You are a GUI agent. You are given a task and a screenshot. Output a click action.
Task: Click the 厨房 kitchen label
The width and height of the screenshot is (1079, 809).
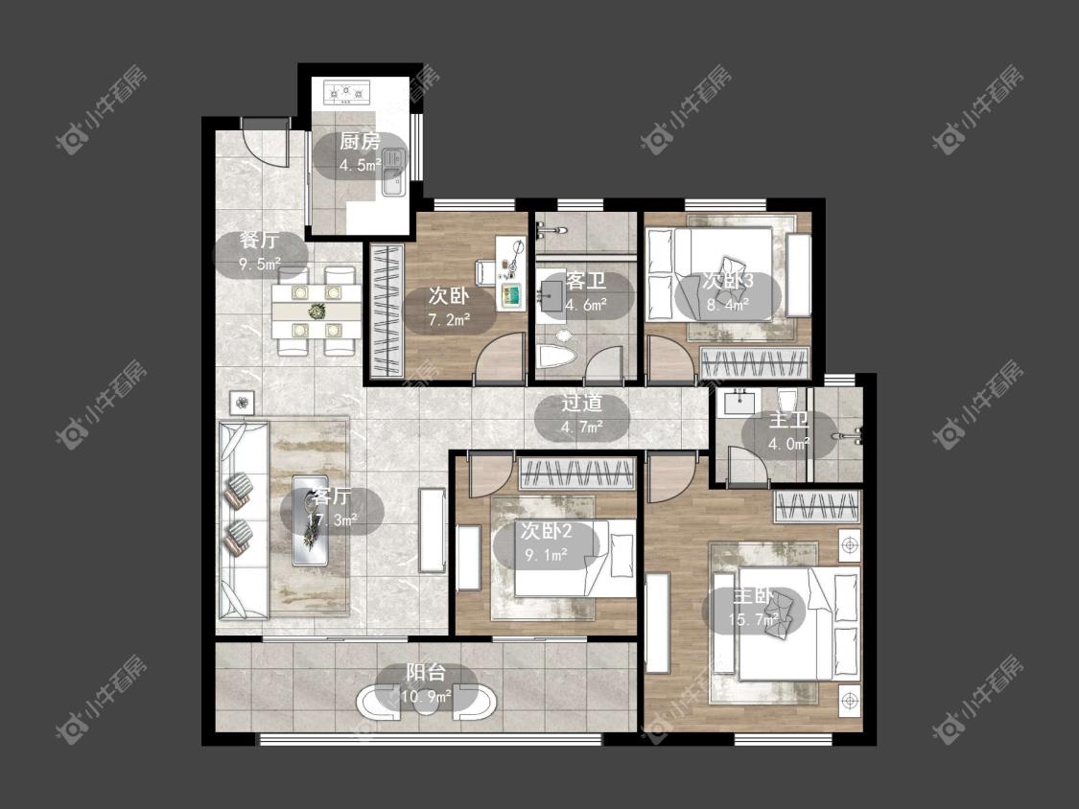[360, 142]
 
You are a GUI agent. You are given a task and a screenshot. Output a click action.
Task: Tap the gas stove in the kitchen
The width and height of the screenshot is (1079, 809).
[347, 91]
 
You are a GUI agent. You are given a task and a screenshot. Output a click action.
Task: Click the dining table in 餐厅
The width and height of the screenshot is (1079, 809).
[317, 312]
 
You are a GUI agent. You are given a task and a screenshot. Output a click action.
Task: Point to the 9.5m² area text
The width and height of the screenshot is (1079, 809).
[259, 264]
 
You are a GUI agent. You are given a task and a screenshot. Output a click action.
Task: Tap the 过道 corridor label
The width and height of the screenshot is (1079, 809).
[581, 403]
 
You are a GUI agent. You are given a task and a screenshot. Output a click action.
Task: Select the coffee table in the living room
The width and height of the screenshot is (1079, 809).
[311, 520]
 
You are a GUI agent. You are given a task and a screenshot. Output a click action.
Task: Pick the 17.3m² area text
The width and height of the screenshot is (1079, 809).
[333, 520]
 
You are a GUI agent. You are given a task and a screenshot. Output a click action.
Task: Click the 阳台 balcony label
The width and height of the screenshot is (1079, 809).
[426, 672]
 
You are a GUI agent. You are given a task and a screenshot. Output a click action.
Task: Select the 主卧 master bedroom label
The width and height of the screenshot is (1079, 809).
[753, 596]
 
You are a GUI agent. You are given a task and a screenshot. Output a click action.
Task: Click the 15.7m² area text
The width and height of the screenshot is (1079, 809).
[753, 620]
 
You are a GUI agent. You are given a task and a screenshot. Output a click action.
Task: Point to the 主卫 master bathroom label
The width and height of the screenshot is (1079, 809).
[788, 420]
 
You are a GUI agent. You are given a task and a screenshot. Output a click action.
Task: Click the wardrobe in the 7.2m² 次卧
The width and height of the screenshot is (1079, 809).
[387, 311]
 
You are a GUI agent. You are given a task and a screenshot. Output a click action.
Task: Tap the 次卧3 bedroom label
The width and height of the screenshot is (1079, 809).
[727, 280]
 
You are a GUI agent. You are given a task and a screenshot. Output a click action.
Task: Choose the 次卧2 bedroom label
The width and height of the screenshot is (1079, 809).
[546, 530]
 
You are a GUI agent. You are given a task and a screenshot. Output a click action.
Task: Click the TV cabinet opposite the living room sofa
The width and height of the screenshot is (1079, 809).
[433, 530]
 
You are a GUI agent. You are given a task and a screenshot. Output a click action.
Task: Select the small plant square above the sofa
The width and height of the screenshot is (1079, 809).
[242, 404]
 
